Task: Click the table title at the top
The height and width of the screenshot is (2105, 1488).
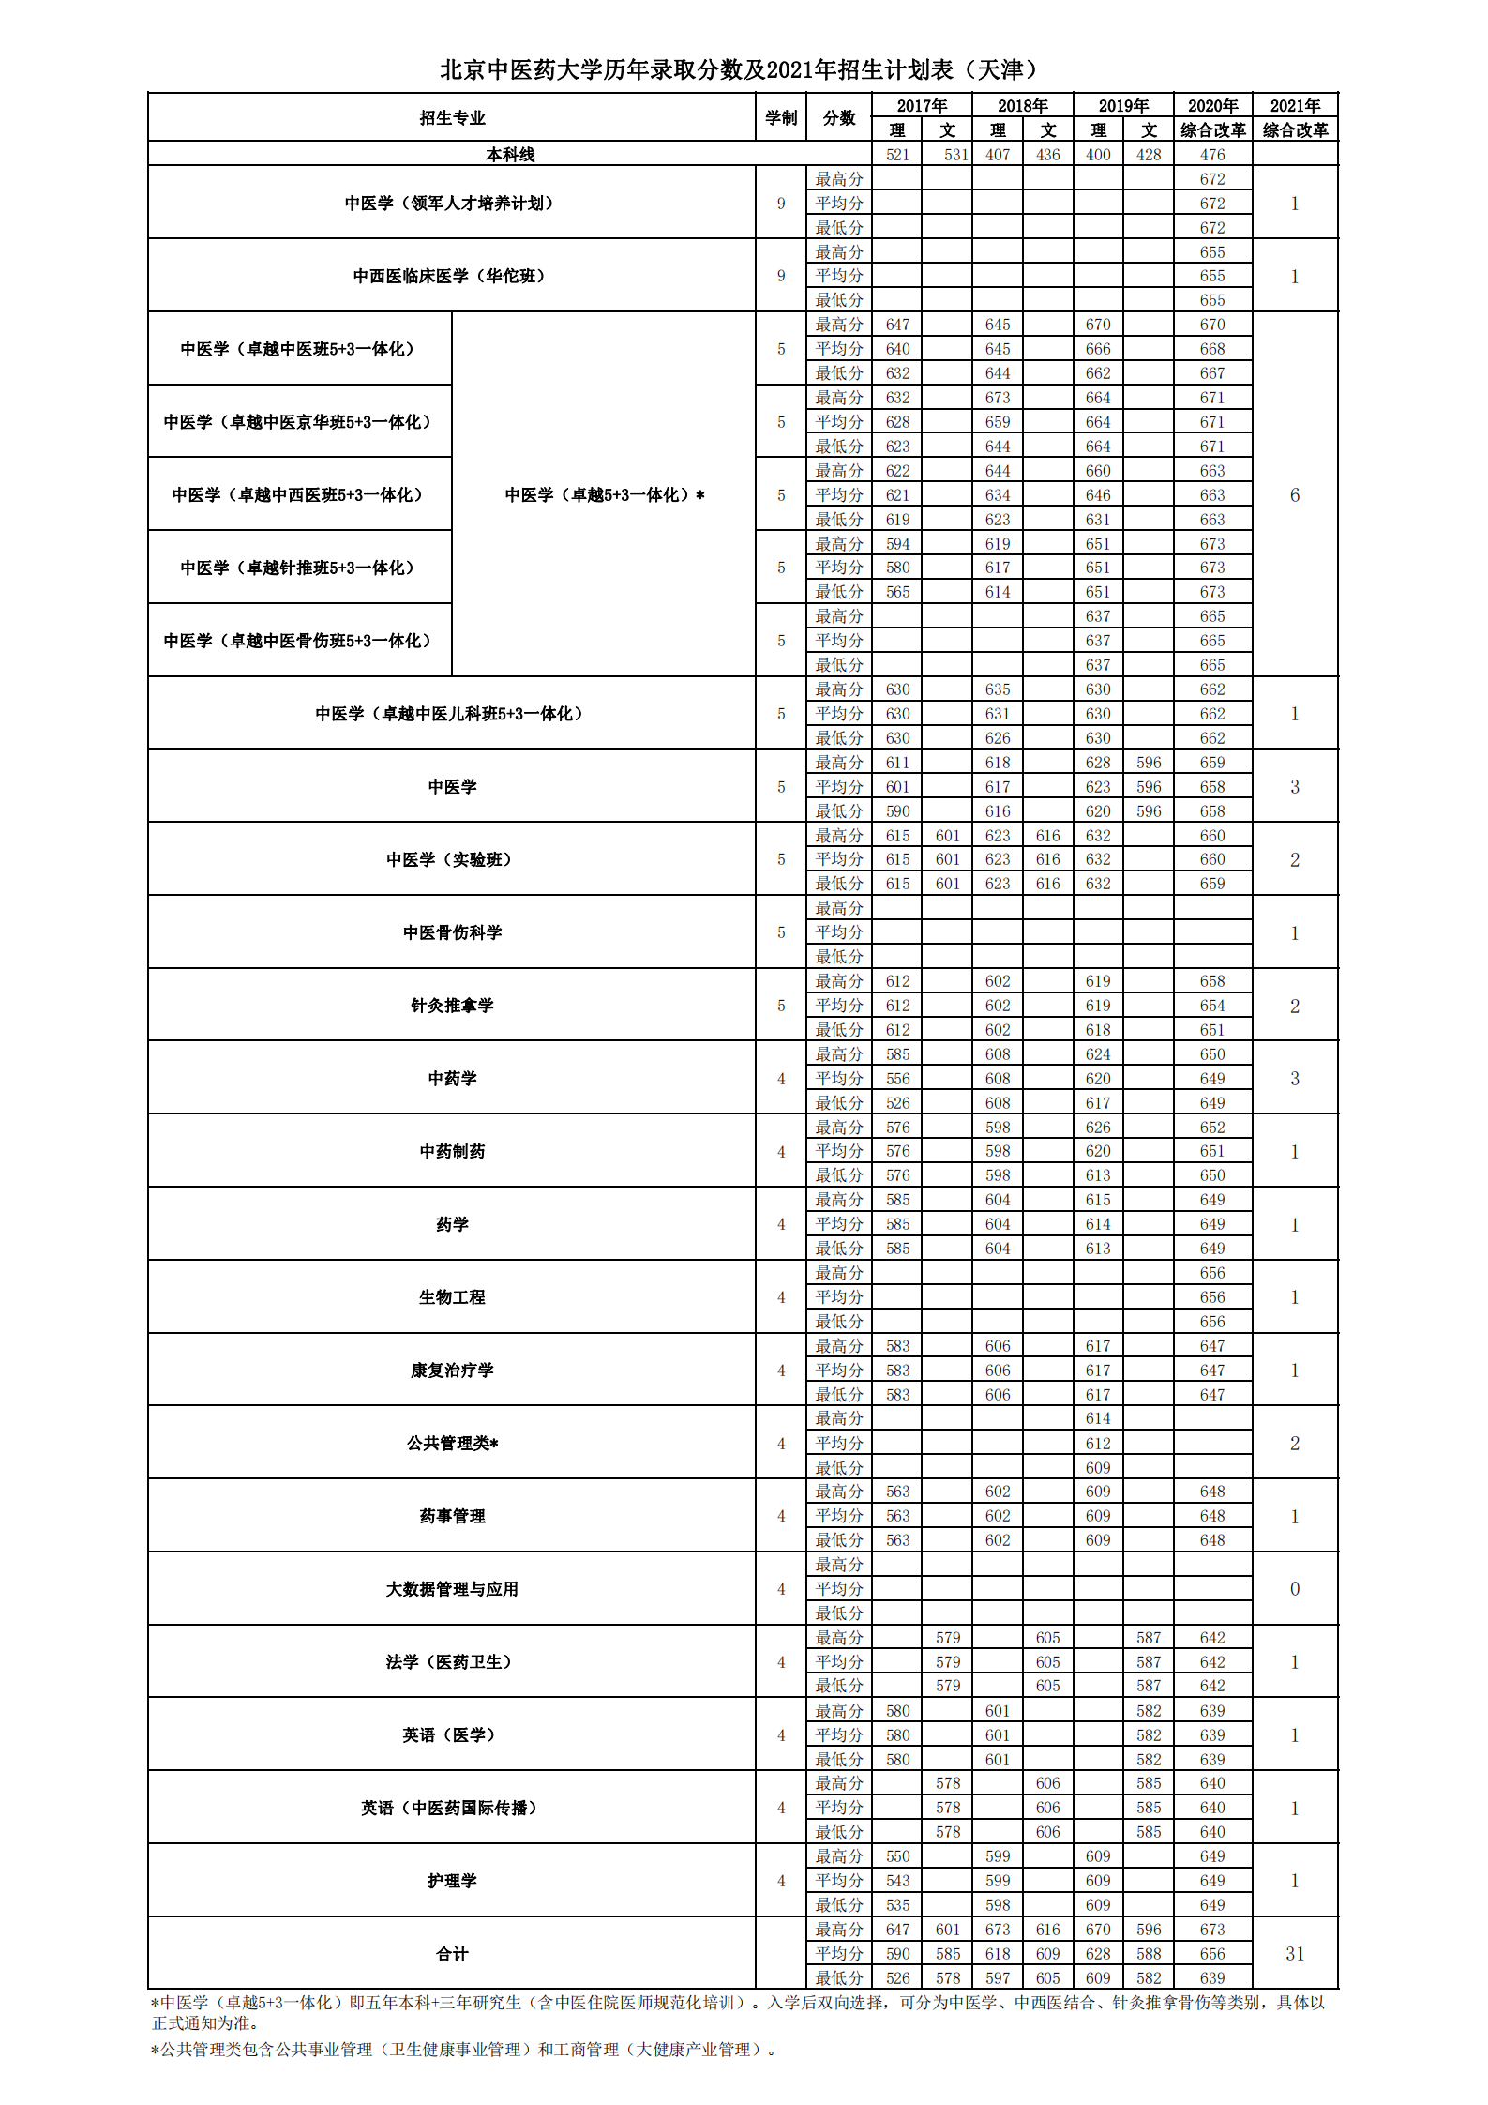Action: (742, 69)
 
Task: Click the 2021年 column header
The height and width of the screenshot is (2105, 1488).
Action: (1295, 106)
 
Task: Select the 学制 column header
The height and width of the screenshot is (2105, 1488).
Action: (781, 118)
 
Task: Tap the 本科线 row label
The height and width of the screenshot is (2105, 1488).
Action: (510, 155)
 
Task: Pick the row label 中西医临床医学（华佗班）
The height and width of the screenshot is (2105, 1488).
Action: (451, 276)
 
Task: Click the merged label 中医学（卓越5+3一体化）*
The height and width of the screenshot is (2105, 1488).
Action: (604, 495)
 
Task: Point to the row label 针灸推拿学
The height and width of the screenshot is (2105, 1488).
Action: (451, 1006)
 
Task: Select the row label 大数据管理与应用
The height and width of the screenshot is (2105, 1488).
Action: (451, 1589)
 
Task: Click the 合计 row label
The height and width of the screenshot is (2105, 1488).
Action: (451, 1954)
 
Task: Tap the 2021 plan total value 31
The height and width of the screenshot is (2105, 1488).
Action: (1295, 1954)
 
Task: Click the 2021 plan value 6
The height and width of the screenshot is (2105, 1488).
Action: (1295, 495)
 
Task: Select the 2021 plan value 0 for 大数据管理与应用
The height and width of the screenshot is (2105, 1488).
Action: (1295, 1589)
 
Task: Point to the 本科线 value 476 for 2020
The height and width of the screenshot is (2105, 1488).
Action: (1212, 155)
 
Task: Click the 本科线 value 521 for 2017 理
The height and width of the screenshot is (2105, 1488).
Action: (897, 155)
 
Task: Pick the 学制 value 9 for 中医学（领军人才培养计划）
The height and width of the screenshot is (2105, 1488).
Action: (781, 204)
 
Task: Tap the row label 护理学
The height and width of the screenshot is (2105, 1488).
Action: (451, 1881)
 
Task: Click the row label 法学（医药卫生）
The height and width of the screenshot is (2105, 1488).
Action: (451, 1662)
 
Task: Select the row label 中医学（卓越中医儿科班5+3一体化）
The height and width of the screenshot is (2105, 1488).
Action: (451, 714)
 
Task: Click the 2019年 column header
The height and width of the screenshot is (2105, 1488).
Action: (1123, 106)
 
